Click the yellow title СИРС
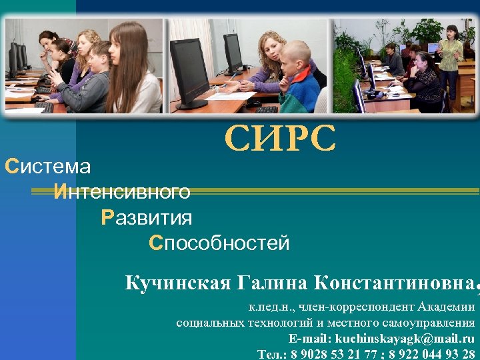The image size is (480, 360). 280,139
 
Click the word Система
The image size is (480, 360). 47,167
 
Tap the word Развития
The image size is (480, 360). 147,218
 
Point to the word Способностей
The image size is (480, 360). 219,243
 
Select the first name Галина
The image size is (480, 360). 273,283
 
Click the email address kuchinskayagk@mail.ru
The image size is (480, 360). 405,339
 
